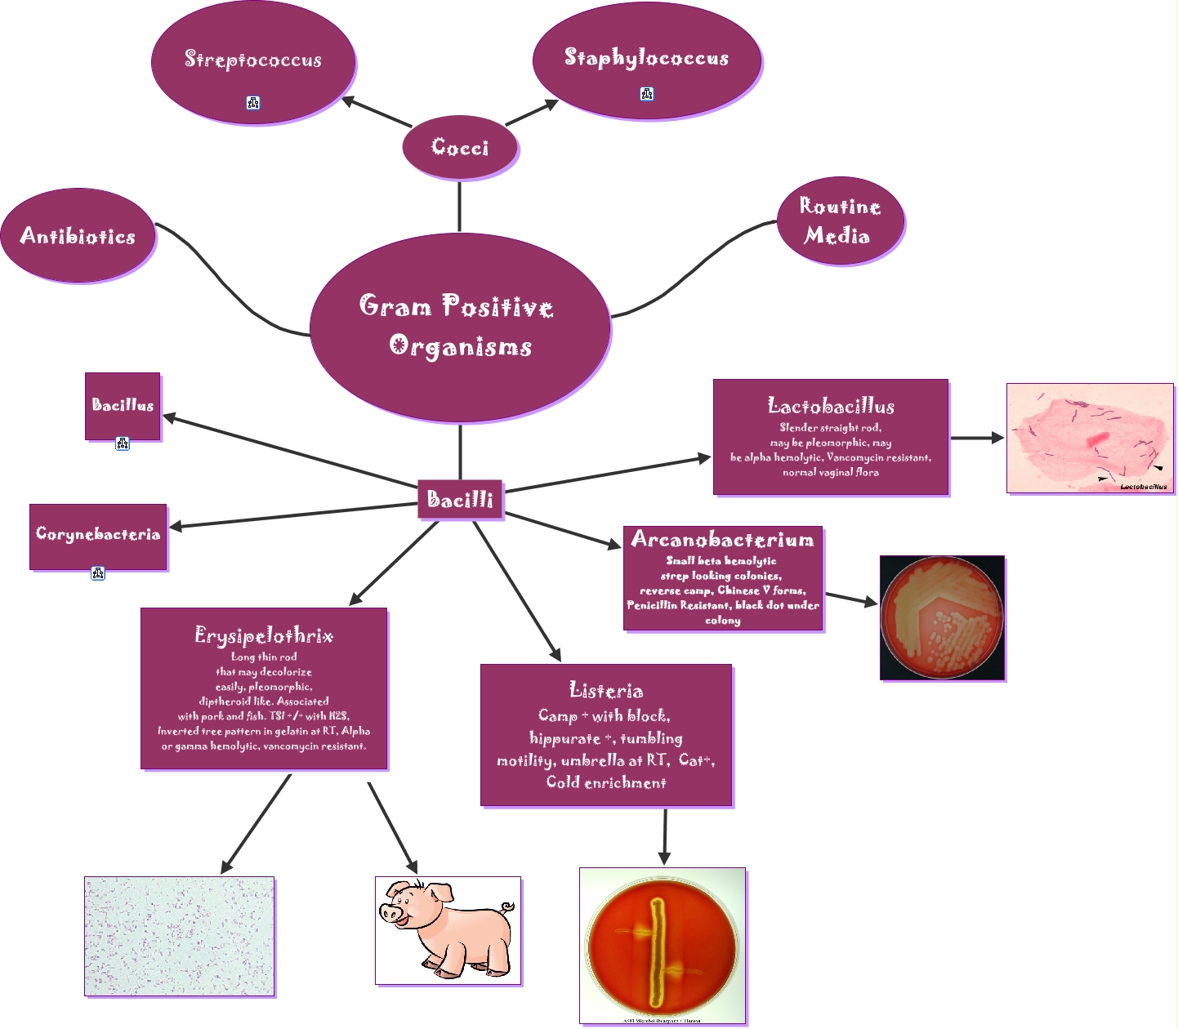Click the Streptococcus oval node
(253, 62)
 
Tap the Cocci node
(461, 148)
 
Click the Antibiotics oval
(78, 236)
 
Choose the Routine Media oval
(840, 221)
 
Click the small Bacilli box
(460, 499)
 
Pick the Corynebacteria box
(98, 536)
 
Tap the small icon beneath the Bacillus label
(123, 443)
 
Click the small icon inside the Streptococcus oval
(253, 103)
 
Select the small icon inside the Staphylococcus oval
(647, 94)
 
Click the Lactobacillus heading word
(831, 406)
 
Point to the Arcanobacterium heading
(722, 540)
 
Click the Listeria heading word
(606, 691)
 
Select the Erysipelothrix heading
(264, 635)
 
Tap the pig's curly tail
(508, 906)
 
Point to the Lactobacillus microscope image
(1090, 439)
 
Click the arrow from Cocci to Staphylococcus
(532, 114)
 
